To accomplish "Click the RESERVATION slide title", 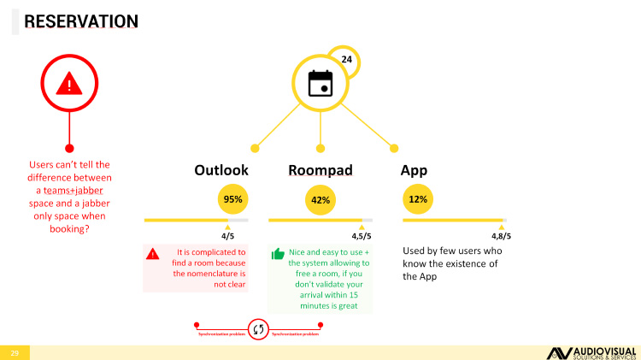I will [81, 20].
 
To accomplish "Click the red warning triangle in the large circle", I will [69, 83].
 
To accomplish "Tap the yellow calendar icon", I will [320, 83].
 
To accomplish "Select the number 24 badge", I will [346, 59].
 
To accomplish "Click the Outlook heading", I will [221, 169].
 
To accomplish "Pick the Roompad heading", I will [320, 169].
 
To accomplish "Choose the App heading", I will [415, 169].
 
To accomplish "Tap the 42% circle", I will [320, 200].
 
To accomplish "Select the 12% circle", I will [418, 199].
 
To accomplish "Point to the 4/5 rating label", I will [227, 236].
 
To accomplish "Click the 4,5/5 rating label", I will [362, 236].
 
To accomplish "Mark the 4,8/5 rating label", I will [501, 236].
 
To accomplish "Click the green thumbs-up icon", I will [278, 254].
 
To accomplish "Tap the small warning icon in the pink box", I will [152, 253].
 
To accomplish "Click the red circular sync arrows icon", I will [258, 328].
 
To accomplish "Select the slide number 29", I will [15, 352].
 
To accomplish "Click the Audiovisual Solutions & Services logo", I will [590, 352].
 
